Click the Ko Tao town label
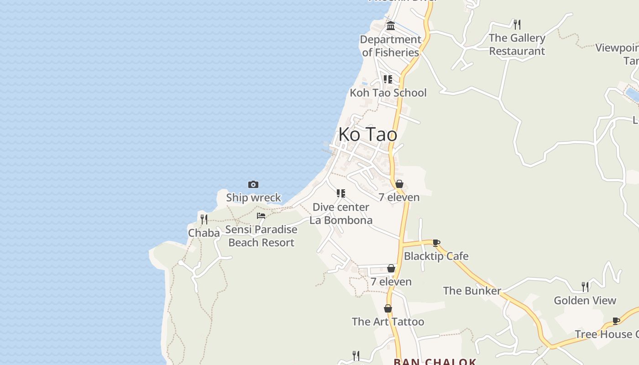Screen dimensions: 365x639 pyautogui.click(x=367, y=135)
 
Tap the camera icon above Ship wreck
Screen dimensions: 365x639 pyautogui.click(x=253, y=184)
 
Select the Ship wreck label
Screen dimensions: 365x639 pyautogui.click(x=253, y=198)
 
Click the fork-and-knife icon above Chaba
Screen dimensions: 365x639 pyautogui.click(x=204, y=219)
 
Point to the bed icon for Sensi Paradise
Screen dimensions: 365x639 pyautogui.click(x=261, y=215)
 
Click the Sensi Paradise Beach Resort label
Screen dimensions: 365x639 pyautogui.click(x=261, y=236)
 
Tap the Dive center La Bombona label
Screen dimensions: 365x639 pyautogui.click(x=341, y=214)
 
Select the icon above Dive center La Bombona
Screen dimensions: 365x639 pyautogui.click(x=341, y=193)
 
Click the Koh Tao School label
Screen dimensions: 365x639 pyautogui.click(x=388, y=93)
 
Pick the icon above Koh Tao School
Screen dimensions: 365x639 pyautogui.click(x=388, y=79)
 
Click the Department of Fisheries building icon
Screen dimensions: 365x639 pyautogui.click(x=391, y=26)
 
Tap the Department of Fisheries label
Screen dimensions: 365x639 pyautogui.click(x=390, y=46)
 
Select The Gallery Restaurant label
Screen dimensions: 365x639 pyautogui.click(x=517, y=44)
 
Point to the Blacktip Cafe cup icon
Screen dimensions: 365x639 pyautogui.click(x=436, y=243)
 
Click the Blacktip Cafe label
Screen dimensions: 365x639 pyautogui.click(x=436, y=256)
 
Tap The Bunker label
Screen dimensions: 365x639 pyautogui.click(x=472, y=291)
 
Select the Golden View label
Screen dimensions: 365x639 pyautogui.click(x=585, y=300)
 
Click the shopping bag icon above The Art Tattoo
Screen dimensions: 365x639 pyautogui.click(x=388, y=308)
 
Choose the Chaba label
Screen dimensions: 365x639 pyautogui.click(x=204, y=233)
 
